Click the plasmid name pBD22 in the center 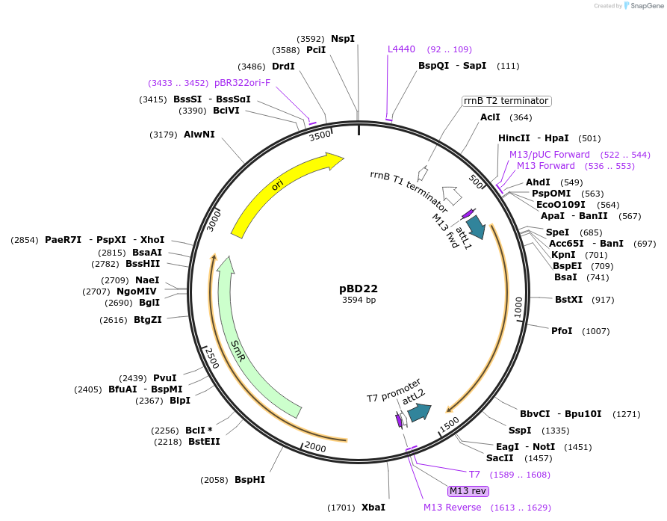(x=359, y=289)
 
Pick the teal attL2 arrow (x=419, y=413)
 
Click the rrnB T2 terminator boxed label (x=506, y=101)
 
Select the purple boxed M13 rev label (x=468, y=491)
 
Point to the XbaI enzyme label (x=373, y=508)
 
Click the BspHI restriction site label (x=249, y=480)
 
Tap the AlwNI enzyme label (x=199, y=135)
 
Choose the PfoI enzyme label (x=562, y=330)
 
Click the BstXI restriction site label (x=568, y=299)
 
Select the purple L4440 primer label (x=401, y=49)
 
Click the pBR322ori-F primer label (x=242, y=82)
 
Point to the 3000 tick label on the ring (x=214, y=221)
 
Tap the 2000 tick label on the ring (x=315, y=447)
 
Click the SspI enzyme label (x=520, y=431)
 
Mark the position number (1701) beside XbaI (x=341, y=508)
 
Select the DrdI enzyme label (x=283, y=67)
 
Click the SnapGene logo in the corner (x=644, y=6)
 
